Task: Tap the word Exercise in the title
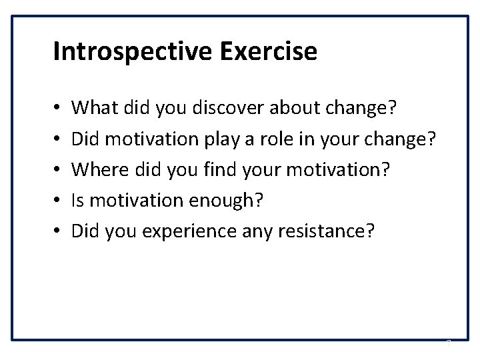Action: tap(273, 52)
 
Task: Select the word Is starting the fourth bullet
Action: tap(78, 199)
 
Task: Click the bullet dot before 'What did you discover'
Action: tap(57, 107)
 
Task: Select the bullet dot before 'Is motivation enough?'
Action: tap(57, 200)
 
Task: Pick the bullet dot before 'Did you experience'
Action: tap(57, 231)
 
